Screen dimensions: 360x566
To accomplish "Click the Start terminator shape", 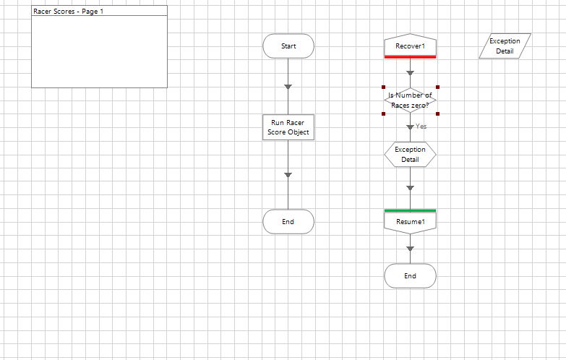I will [288, 46].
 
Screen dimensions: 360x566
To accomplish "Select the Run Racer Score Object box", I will [288, 127].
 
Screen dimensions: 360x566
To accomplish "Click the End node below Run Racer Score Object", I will [288, 222].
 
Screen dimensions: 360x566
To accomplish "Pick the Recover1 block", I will [410, 46].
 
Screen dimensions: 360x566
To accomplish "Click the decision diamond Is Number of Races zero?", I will [410, 100].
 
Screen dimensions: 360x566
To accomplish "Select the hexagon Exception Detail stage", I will [410, 155].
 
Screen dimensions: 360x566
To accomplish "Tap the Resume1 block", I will [410, 222].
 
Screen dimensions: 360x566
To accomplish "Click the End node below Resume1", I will [410, 276].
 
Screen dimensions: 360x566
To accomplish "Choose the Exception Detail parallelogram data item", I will [505, 46].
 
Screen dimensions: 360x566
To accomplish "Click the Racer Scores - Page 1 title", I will [69, 12].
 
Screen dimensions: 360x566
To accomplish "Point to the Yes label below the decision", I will [421, 127].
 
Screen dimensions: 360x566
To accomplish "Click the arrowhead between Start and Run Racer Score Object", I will [288, 87].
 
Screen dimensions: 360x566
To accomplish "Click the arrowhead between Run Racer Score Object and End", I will [288, 175].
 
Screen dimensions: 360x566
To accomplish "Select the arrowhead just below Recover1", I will [410, 73].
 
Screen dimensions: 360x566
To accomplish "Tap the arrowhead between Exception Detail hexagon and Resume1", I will [410, 189].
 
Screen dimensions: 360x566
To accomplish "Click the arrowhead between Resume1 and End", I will [410, 249].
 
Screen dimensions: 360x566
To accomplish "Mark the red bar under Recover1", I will [410, 57].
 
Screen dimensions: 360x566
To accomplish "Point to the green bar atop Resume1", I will [410, 210].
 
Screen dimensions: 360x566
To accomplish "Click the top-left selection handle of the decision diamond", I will [384, 87].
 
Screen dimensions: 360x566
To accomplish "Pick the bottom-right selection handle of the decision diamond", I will [437, 113].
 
